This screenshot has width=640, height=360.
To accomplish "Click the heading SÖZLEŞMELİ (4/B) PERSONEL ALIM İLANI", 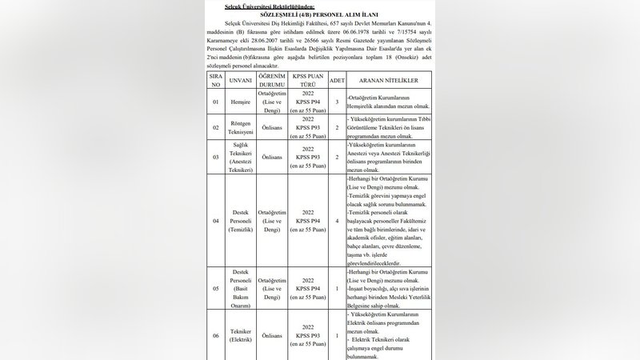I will coord(319,14).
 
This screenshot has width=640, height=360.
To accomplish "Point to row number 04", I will coord(215,220).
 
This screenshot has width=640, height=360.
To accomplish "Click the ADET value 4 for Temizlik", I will coord(337,220).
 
